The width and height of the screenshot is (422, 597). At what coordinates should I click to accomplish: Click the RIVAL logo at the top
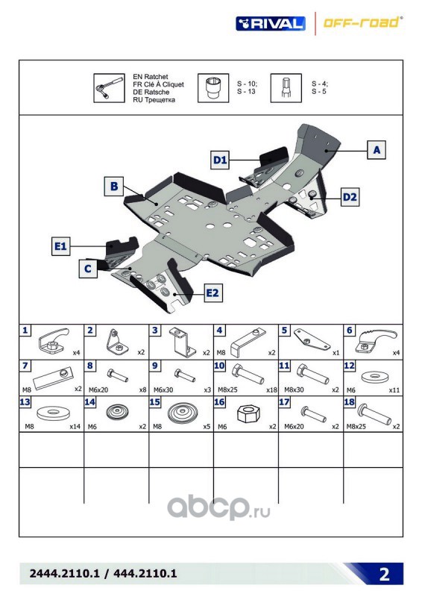coord(270,24)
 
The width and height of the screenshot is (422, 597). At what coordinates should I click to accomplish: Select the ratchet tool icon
coord(109,88)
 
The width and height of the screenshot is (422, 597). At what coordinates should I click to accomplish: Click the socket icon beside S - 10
coord(213,88)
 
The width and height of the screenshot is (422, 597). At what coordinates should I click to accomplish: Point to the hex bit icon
coord(286,88)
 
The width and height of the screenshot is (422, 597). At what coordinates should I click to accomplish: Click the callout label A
coord(377,150)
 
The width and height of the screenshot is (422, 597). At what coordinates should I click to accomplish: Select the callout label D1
coord(220,160)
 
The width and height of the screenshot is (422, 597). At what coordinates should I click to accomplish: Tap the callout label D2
coord(350,197)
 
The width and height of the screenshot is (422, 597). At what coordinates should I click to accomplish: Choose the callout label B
coord(114,186)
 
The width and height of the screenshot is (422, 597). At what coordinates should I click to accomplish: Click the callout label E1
coord(61,246)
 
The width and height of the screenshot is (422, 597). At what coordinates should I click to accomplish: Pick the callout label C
coord(88,269)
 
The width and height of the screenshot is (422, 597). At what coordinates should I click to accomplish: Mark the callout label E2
coord(212,293)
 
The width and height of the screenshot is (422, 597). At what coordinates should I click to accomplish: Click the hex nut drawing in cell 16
coord(246,413)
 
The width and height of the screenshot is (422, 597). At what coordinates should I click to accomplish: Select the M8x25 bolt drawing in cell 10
coord(248,374)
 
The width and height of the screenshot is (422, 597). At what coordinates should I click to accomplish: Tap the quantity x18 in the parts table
coord(271,390)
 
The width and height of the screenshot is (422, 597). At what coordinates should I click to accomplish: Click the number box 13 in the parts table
coord(25,401)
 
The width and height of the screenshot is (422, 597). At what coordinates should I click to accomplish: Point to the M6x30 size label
coord(163,390)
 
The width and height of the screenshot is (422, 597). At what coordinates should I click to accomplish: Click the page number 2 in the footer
coord(384,574)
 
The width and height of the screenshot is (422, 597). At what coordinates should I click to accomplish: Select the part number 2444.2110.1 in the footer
coord(64,573)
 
